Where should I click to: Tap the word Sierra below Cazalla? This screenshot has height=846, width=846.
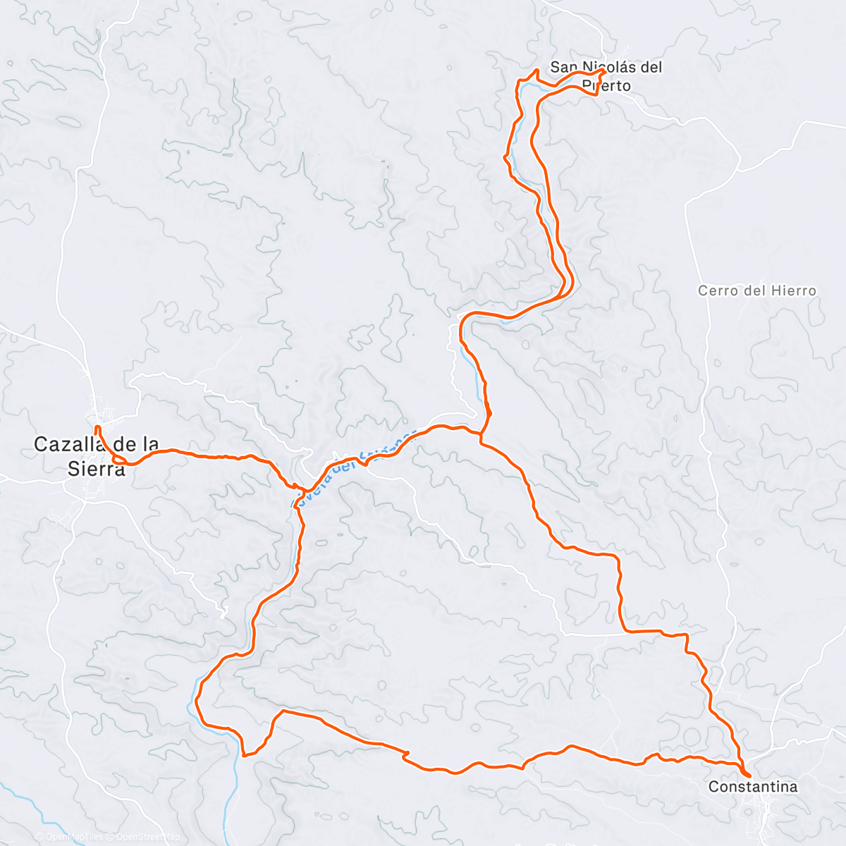click(x=97, y=469)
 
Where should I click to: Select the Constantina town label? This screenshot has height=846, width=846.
click(x=753, y=786)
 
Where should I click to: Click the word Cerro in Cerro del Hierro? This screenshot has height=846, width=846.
click(x=717, y=290)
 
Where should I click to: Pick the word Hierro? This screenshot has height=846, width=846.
click(x=793, y=290)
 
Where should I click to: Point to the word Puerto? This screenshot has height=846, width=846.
click(x=606, y=86)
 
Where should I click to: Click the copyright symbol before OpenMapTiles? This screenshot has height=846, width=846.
click(x=40, y=837)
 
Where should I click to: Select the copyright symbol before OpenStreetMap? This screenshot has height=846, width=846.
click(x=110, y=837)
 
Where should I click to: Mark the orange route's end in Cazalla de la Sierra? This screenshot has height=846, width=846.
click(x=97, y=427)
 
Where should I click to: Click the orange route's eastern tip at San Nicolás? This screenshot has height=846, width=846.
click(x=604, y=71)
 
